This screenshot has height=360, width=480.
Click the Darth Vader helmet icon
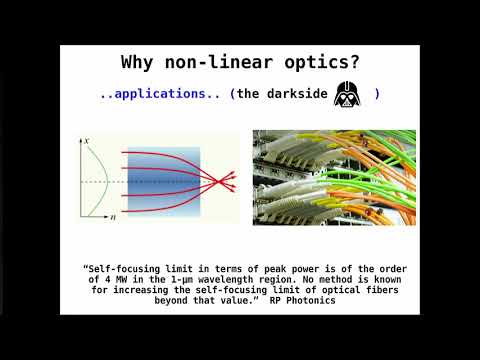pos(347,92)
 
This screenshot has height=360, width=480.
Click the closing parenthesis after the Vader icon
pos(377,94)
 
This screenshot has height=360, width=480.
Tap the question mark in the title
pos(355,62)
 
